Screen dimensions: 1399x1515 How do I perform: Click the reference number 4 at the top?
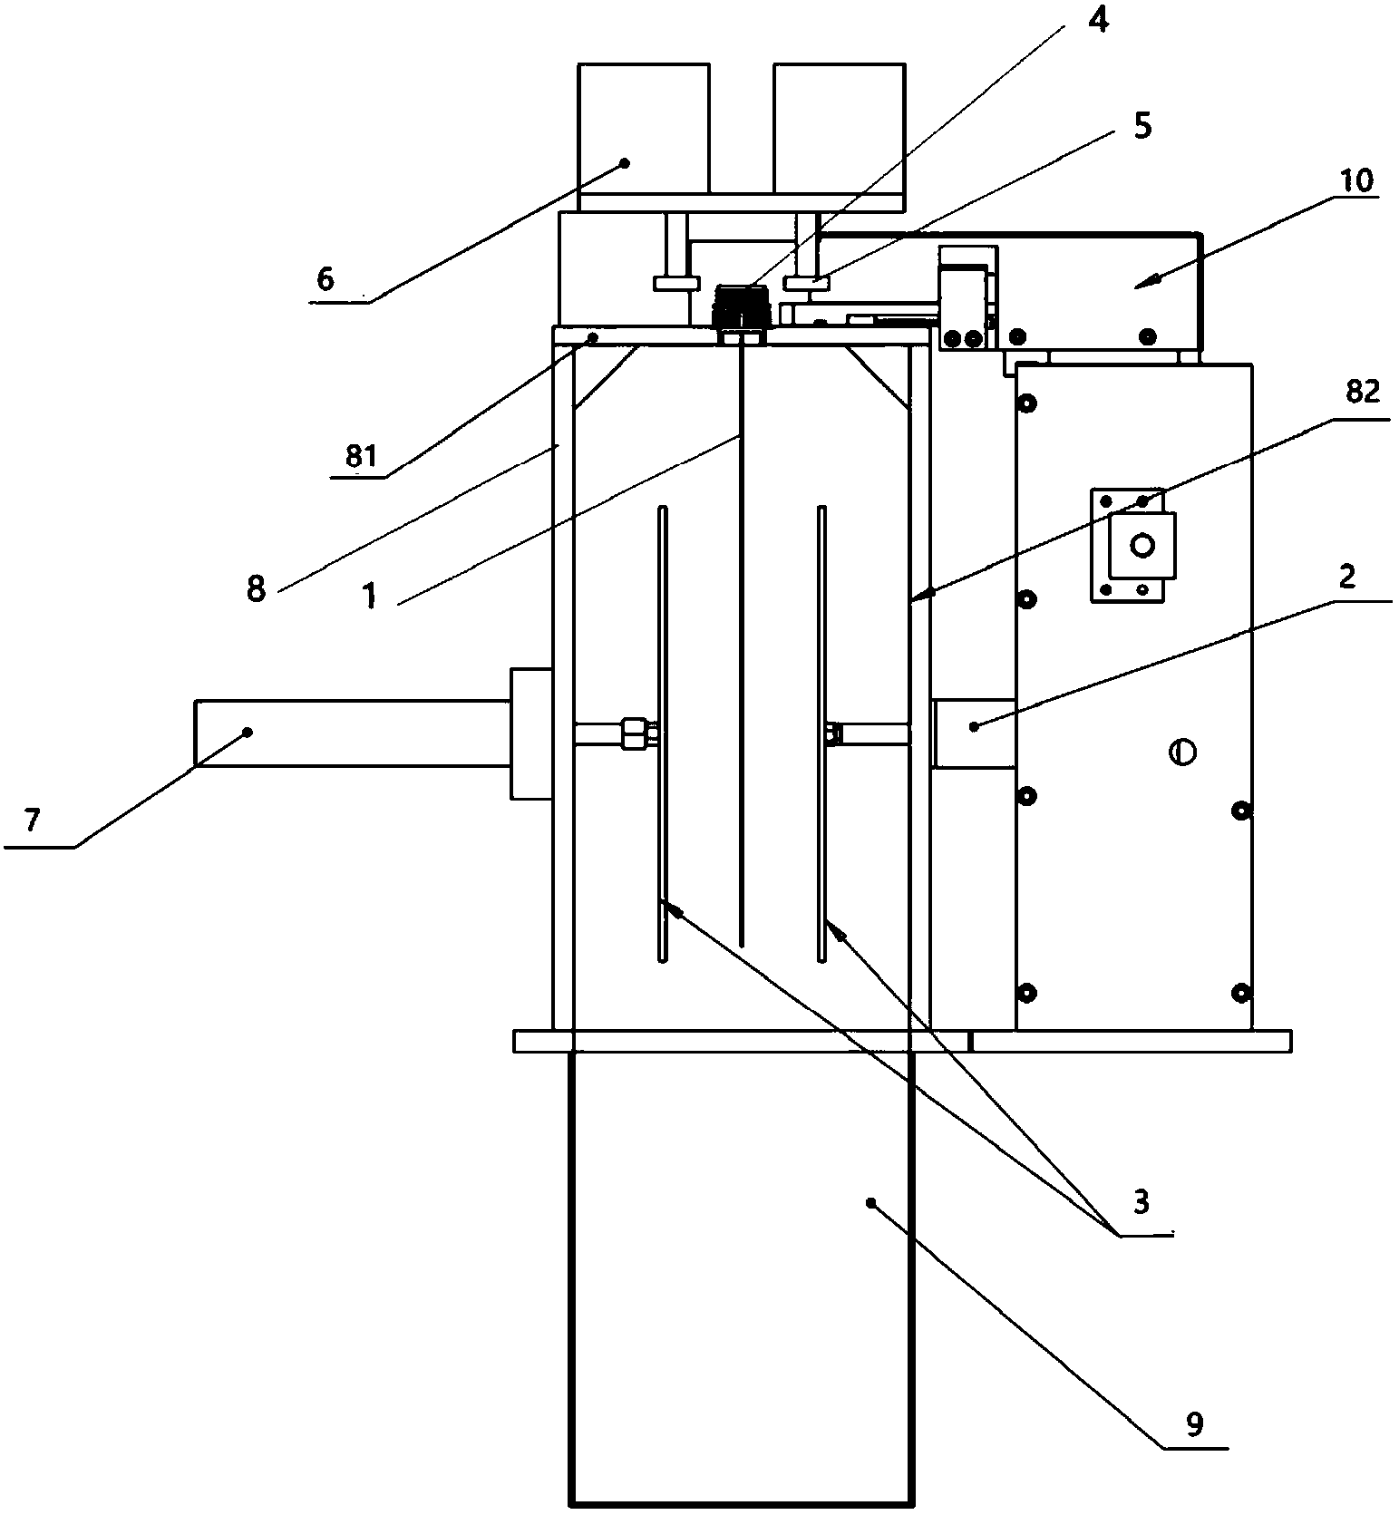pyautogui.click(x=1098, y=18)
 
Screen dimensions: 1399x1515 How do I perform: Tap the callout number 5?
pyautogui.click(x=1142, y=126)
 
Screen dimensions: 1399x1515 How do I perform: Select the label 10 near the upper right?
pyautogui.click(x=1355, y=181)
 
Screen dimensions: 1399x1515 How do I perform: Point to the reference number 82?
pyautogui.click(x=1362, y=393)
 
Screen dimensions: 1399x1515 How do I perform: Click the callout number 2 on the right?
pyautogui.click(x=1347, y=577)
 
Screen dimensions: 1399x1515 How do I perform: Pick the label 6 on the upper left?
pyautogui.click(x=325, y=278)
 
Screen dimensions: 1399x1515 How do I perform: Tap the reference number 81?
pyautogui.click(x=360, y=455)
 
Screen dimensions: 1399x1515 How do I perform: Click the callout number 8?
pyautogui.click(x=257, y=589)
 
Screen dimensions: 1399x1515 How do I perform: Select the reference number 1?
pyautogui.click(x=370, y=597)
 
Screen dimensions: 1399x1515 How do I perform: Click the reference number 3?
pyautogui.click(x=1141, y=1201)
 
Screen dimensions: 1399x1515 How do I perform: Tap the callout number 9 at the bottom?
pyautogui.click(x=1195, y=1424)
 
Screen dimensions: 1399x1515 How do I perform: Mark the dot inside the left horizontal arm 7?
pyautogui.click(x=247, y=731)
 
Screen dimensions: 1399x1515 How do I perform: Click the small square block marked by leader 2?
pyautogui.click(x=974, y=733)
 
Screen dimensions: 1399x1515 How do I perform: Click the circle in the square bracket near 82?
pyautogui.click(x=1142, y=546)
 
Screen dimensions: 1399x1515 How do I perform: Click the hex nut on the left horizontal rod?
pyautogui.click(x=634, y=732)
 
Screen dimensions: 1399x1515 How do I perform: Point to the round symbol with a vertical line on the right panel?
pyautogui.click(x=1183, y=752)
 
